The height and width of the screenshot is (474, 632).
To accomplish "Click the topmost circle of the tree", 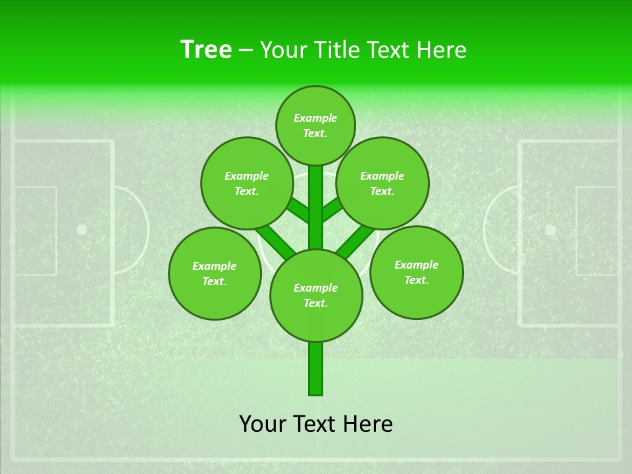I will [315, 125].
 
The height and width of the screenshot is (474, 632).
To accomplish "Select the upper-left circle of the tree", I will [247, 183].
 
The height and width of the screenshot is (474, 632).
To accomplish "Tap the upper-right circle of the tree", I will [382, 183].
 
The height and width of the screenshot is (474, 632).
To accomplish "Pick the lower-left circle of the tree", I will [215, 273].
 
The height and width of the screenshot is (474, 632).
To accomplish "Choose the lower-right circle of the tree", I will [416, 272].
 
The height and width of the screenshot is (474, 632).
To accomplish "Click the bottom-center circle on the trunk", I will [316, 295].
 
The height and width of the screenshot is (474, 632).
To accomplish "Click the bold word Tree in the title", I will [206, 49].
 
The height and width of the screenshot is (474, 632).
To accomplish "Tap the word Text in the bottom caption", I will [315, 424].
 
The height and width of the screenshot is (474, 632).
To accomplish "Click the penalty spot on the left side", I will [82, 230].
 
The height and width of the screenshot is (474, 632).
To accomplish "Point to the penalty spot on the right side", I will [550, 230].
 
